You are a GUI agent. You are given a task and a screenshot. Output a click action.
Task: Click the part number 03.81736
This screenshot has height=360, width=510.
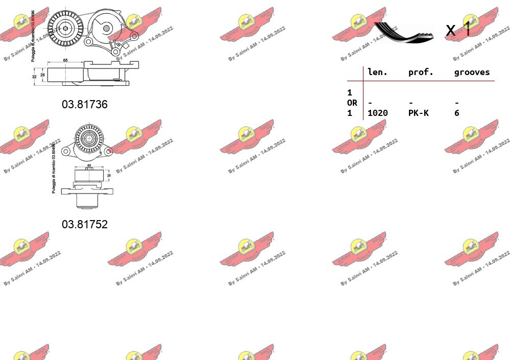click(85, 104)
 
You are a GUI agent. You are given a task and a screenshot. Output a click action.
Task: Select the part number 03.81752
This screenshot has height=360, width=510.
click(85, 224)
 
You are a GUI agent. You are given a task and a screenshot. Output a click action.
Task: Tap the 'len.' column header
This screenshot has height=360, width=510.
click(377, 73)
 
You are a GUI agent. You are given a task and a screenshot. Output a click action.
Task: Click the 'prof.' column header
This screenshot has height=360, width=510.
click(421, 73)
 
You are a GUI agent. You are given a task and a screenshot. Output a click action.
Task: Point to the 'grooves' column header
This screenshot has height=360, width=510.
click(472, 73)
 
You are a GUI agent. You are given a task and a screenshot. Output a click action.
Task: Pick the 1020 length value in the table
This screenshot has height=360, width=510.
click(377, 113)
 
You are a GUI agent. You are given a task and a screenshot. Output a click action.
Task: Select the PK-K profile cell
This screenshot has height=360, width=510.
click(418, 113)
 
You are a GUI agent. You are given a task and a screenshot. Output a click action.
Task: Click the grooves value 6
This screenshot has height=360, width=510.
click(457, 113)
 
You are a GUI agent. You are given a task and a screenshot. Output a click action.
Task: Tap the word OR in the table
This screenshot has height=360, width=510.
click(352, 103)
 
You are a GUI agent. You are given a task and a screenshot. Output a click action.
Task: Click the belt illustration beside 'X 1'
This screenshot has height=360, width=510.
click(403, 32)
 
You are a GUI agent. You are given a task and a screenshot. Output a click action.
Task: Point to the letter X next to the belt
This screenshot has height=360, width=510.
click(450, 31)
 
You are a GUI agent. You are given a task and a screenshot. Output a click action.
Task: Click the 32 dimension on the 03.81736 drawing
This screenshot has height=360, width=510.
click(34, 77)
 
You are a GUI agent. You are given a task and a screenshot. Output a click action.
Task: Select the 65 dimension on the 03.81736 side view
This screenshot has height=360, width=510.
click(65, 61)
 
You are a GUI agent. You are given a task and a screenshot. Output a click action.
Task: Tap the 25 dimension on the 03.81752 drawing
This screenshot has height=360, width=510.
click(108, 176)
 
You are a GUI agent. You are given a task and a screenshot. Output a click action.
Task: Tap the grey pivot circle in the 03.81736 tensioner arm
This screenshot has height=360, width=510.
click(106, 28)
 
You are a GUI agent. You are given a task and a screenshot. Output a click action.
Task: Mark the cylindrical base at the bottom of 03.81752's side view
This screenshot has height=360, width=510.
click(86, 201)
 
